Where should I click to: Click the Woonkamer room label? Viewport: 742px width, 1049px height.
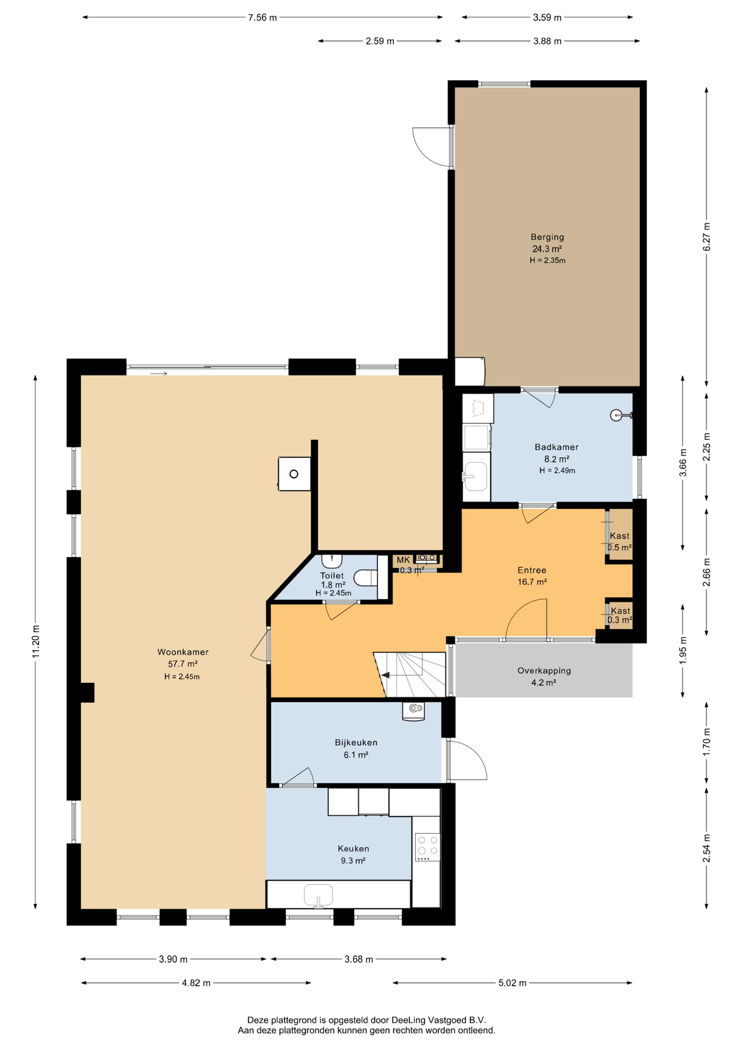coord(183,652)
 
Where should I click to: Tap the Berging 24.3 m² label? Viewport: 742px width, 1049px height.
coord(547,243)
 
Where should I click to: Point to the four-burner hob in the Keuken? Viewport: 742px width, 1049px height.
coord(427,846)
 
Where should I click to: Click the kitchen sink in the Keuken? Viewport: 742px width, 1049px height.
coord(319,895)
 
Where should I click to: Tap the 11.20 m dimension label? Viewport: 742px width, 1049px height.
coord(36,641)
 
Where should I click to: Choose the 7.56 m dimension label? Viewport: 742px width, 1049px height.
coord(262,17)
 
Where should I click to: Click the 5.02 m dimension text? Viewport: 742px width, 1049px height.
coord(513,983)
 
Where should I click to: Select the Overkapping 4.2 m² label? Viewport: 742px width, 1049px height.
coord(544,676)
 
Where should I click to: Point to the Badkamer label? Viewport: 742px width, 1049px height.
coord(556,447)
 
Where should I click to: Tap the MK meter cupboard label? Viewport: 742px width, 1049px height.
coord(403,560)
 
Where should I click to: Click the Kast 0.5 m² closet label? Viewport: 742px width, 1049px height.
coord(620,541)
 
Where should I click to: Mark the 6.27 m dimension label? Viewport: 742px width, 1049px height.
coord(706,237)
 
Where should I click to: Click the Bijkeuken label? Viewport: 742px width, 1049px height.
coord(356,742)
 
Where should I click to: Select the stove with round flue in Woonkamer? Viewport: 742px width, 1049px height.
coord(295,474)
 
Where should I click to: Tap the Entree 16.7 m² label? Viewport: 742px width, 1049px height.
coord(532,576)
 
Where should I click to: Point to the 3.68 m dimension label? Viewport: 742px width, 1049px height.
coord(359,959)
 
